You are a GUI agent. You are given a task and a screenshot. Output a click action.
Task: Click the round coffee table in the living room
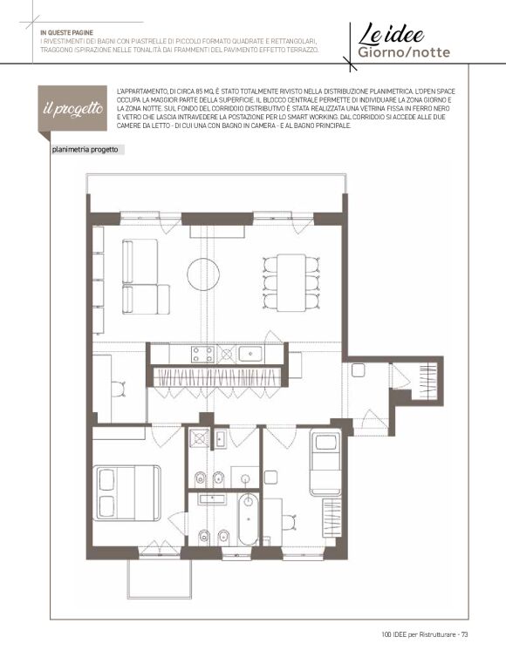(203, 274)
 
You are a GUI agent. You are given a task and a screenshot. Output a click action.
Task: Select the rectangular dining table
(291, 282)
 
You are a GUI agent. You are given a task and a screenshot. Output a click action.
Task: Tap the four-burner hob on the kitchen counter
(203, 354)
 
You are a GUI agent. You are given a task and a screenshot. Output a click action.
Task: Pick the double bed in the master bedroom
(126, 493)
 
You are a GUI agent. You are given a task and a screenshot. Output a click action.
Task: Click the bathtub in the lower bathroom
(249, 518)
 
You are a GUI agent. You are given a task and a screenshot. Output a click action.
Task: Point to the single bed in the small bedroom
(325, 462)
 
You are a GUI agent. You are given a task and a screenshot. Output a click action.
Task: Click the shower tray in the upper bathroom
(198, 438)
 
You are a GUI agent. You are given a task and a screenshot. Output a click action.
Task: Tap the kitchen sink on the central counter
(250, 355)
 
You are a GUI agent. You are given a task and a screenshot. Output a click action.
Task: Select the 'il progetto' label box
(72, 109)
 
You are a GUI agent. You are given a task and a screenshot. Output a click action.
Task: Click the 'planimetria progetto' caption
(85, 150)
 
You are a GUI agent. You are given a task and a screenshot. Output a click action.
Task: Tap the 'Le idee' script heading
(391, 34)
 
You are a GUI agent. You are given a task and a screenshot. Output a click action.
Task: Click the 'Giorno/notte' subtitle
(404, 52)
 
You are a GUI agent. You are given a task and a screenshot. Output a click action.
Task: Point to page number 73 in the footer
(464, 634)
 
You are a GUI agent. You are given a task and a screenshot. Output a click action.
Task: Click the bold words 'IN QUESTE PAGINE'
(66, 33)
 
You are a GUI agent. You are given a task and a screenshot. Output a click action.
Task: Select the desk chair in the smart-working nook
(119, 389)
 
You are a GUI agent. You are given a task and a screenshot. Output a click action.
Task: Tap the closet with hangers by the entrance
(428, 382)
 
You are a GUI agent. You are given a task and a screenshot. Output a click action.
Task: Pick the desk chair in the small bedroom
(289, 522)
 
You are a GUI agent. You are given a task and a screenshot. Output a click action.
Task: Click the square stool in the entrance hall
(358, 370)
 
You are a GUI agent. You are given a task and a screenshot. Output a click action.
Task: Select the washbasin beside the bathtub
(213, 498)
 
